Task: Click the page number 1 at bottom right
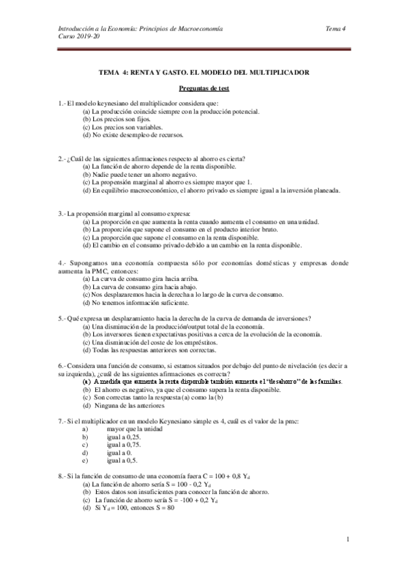[347, 540]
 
